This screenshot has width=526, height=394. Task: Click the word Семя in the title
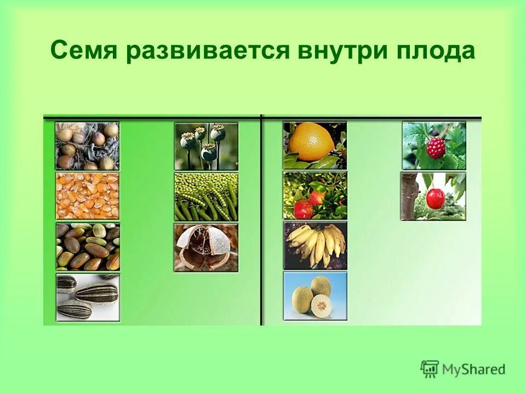(x=84, y=51)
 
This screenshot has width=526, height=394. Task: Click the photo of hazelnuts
(x=87, y=146)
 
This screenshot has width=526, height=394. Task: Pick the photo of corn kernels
(x=87, y=196)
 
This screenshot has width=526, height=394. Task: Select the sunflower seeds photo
(x=87, y=297)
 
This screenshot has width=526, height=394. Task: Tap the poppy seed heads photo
(x=206, y=146)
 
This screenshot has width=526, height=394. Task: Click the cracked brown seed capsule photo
(x=206, y=247)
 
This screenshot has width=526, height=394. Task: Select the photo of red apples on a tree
(x=315, y=195)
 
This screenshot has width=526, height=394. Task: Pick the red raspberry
(x=436, y=148)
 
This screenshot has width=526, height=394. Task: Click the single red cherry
(x=436, y=199)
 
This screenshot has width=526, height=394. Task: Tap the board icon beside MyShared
(x=430, y=369)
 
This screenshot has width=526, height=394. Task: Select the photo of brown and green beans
(x=87, y=247)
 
